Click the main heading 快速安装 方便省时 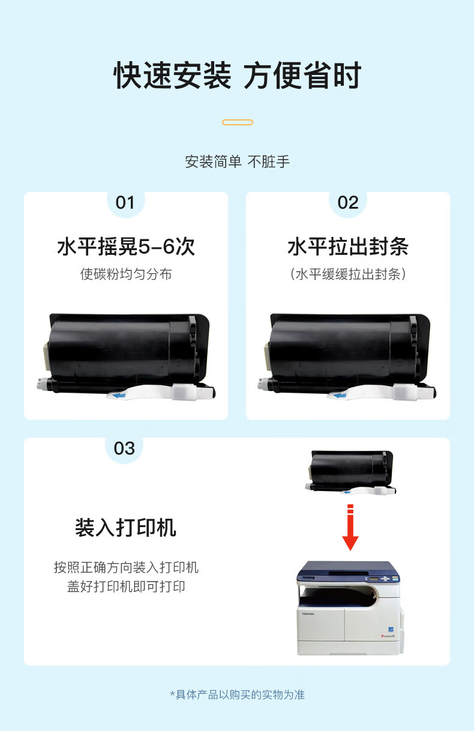point(238,76)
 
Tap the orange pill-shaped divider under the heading point(238,122)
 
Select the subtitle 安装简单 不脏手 point(238,162)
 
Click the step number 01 point(125,203)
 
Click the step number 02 point(348,203)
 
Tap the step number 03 point(124,449)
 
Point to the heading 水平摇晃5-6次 point(126,246)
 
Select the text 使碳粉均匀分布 point(126,274)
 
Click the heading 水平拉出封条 point(348,246)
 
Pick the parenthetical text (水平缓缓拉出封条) point(348,274)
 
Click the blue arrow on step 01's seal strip point(119,396)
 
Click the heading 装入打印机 point(125,528)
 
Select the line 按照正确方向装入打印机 point(126,567)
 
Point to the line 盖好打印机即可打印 point(126,586)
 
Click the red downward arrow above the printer point(350,527)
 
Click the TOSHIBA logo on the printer point(308,614)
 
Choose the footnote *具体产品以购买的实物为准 point(238,694)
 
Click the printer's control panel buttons point(386,579)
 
